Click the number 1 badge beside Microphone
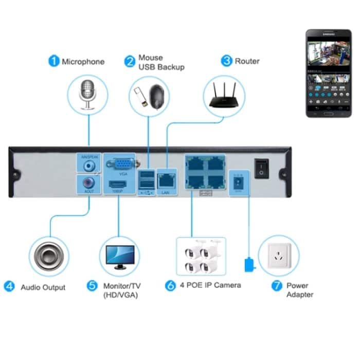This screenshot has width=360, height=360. [x=53, y=62]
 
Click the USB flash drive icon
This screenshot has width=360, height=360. [x=141, y=98]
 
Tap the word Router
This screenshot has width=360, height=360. [x=247, y=62]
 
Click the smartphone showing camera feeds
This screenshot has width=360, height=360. [x=329, y=73]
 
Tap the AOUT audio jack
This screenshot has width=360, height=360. [x=88, y=183]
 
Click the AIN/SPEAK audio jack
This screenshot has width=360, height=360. [x=88, y=166]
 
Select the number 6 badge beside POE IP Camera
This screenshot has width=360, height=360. [x=170, y=286]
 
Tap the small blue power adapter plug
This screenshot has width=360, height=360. [x=249, y=265]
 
